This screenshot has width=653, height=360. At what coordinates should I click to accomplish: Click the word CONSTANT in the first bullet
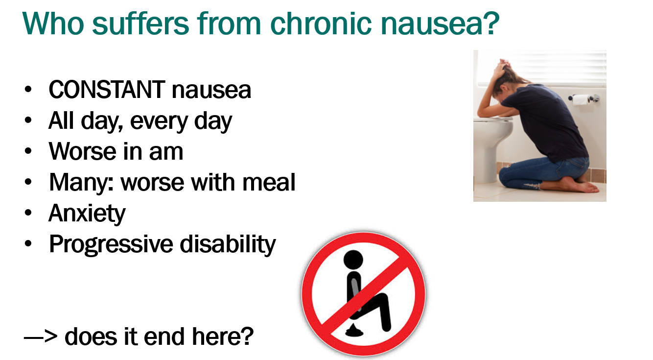pyautogui.click(x=107, y=90)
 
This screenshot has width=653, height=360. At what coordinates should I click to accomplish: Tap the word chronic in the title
pyautogui.click(x=321, y=24)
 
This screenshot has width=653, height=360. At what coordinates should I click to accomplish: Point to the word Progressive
pyautogui.click(x=111, y=244)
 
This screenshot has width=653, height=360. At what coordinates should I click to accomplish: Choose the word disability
pyautogui.click(x=228, y=244)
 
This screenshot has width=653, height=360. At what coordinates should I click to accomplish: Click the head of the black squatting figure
pyautogui.click(x=353, y=260)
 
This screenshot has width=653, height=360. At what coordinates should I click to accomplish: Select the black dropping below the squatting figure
pyautogui.click(x=354, y=330)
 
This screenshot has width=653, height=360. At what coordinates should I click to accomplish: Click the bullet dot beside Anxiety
pyautogui.click(x=28, y=213)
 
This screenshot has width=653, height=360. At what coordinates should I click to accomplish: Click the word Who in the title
pyautogui.click(x=53, y=24)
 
